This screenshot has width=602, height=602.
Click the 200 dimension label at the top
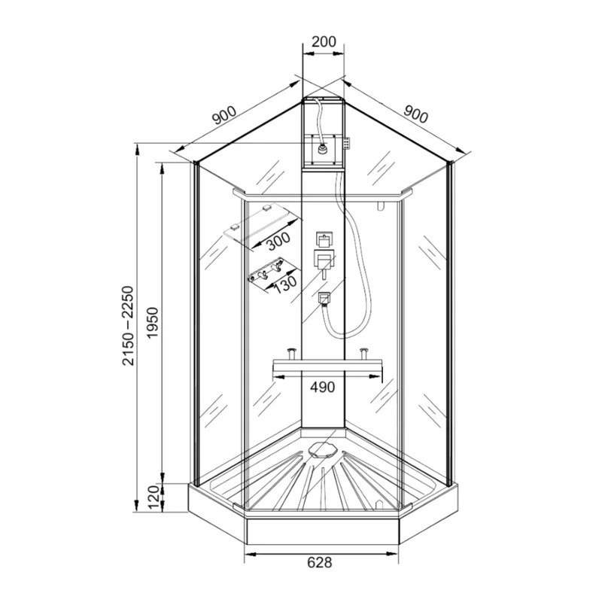pos(324,41)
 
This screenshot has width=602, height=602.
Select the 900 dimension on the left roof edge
pos(224,115)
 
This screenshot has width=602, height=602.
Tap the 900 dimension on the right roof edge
pos(415,114)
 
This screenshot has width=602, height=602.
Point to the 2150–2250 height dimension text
pos(128,326)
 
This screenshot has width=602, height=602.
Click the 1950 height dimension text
pos(154,322)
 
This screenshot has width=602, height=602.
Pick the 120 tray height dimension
pos(154,497)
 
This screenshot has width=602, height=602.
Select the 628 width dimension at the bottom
pos(320,562)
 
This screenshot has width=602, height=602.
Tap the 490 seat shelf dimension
pos(323,388)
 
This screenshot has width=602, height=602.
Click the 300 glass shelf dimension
pos(278,241)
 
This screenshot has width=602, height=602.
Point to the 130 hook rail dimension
pos(285,284)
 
